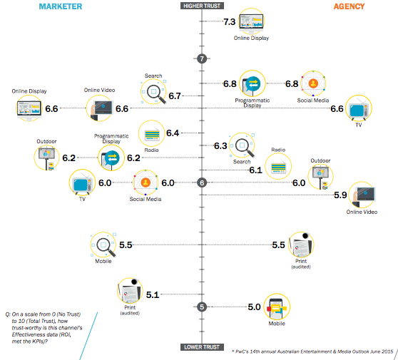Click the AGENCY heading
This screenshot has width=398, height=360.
click(x=349, y=6)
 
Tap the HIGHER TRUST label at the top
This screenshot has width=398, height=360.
click(x=202, y=6)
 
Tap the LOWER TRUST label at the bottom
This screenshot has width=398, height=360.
click(x=202, y=347)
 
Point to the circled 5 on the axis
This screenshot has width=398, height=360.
click(x=202, y=307)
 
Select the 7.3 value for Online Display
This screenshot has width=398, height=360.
click(x=229, y=22)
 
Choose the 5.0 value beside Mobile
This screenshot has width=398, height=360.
click(x=254, y=307)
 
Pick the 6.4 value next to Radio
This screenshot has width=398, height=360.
click(x=173, y=133)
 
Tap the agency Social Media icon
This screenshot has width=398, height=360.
click(x=313, y=84)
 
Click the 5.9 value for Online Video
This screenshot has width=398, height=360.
click(x=340, y=195)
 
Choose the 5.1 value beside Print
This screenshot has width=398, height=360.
click(x=153, y=293)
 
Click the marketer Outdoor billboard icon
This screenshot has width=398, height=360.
click(x=46, y=158)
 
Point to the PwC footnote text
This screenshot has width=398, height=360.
click(x=312, y=351)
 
